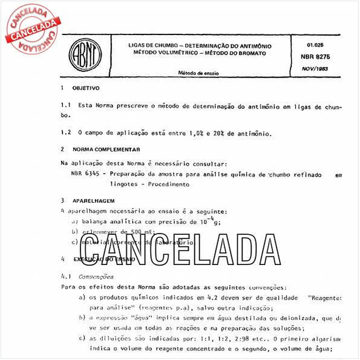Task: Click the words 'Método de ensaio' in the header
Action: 198,73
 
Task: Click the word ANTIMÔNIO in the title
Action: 254,46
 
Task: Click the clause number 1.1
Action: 66,105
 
